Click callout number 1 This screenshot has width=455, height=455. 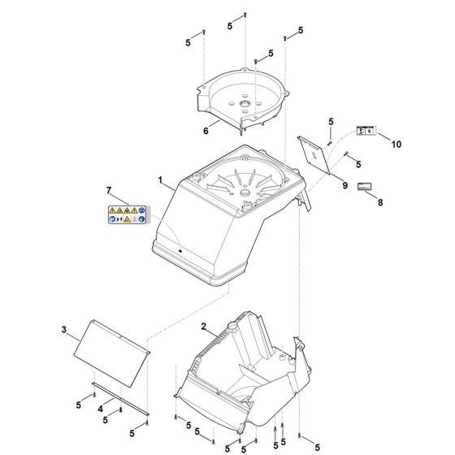pyautogui.click(x=160, y=180)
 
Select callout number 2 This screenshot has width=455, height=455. pyautogui.click(x=204, y=327)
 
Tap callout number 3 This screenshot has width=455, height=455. pyautogui.click(x=64, y=330)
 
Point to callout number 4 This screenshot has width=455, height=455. pyautogui.click(x=101, y=409)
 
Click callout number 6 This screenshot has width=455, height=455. pyautogui.click(x=206, y=131)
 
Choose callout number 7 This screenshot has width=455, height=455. pyautogui.click(x=109, y=191)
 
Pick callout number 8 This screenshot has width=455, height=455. pyautogui.click(x=380, y=202)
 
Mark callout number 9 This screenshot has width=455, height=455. pyautogui.click(x=345, y=185)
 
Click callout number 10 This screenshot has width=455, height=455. pyautogui.click(x=396, y=145)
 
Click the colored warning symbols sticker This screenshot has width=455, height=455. pyautogui.click(x=127, y=214)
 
